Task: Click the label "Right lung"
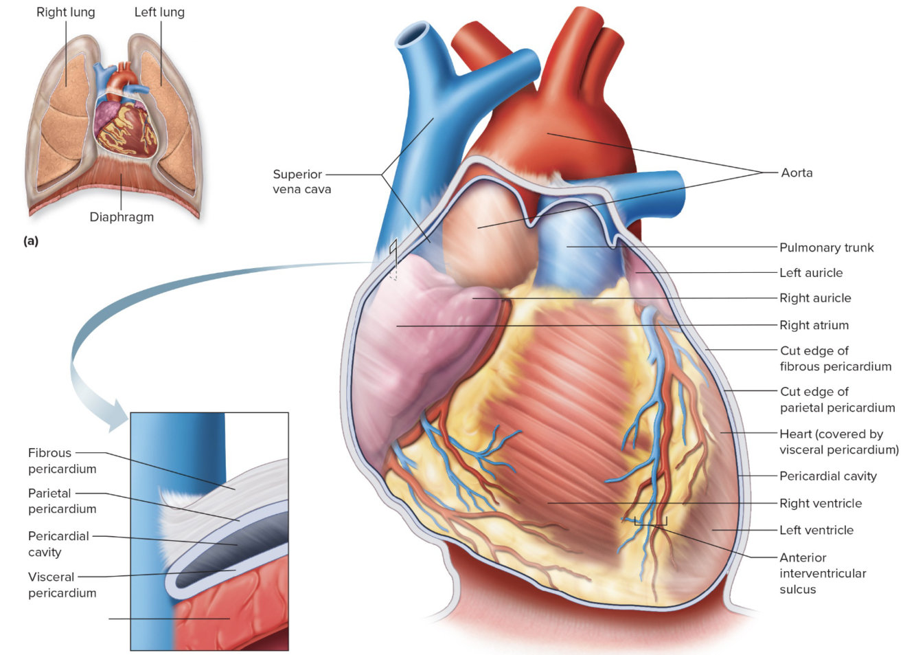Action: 66,12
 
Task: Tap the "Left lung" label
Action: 159,12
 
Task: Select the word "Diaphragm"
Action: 122,217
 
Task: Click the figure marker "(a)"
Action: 31,241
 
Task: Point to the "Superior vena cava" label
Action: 301,181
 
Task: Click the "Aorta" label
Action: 797,173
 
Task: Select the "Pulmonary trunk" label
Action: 826,247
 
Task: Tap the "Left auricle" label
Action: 811,273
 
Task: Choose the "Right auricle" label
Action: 815,298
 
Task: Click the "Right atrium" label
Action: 814,325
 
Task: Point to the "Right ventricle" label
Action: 821,503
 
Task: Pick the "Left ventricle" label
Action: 816,530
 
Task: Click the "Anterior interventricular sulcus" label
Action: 823,573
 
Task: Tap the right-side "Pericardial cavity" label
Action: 828,476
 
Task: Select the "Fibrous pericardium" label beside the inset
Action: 62,460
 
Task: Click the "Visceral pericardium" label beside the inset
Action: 62,584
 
